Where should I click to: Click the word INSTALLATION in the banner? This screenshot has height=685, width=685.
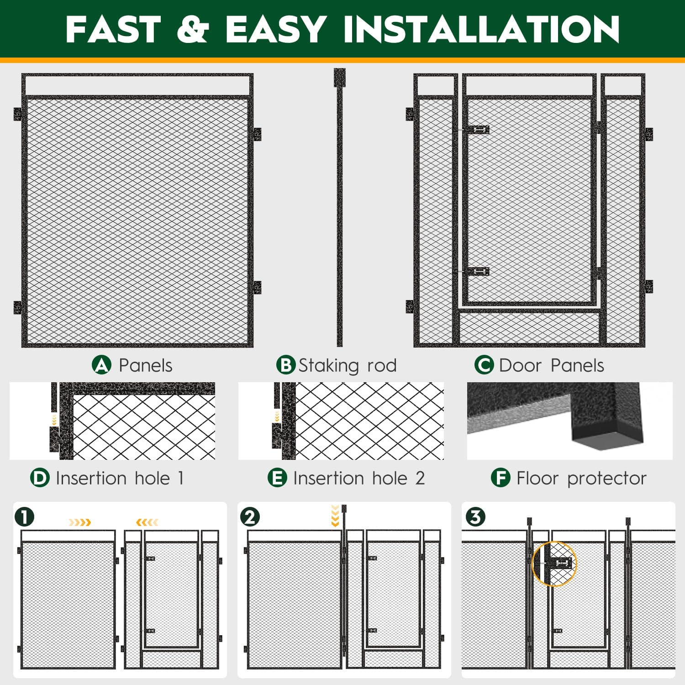coord(481,29)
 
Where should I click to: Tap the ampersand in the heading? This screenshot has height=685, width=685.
coord(192,29)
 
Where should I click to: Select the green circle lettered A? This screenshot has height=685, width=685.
coord(101,365)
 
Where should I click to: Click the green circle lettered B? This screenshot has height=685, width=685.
coord(286,365)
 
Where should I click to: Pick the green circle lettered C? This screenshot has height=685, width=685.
coord(484,365)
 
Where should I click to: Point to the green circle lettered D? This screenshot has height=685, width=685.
coord(40,478)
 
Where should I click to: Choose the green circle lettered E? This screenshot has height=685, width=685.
coord(277,478)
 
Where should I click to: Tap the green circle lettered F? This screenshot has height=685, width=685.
coord(501,478)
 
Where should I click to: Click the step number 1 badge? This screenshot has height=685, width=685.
coord(25,517)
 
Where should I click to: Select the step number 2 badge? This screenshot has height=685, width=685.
coord(250,517)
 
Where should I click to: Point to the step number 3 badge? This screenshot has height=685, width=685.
coord(475,517)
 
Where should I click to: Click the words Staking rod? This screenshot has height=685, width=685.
coord(348,366)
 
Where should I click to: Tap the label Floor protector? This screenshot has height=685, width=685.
coord(581,478)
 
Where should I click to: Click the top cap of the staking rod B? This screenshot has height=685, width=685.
coord(340,77)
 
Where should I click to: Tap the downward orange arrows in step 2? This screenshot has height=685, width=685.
coord(335,516)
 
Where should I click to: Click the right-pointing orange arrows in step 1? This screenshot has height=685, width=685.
coord(80,522)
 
